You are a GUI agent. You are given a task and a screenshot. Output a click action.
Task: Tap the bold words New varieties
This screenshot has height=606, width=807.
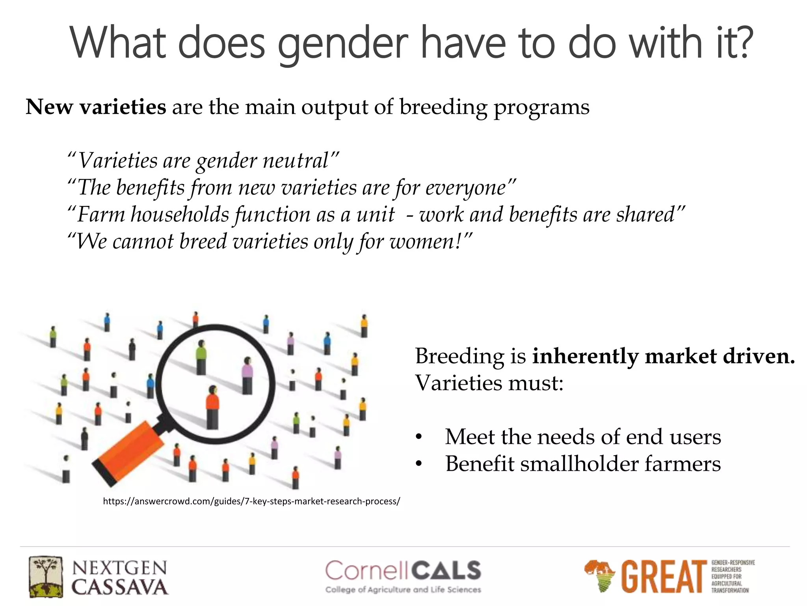[x=96, y=107]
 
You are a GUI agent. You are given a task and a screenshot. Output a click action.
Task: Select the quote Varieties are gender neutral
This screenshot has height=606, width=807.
[x=203, y=161]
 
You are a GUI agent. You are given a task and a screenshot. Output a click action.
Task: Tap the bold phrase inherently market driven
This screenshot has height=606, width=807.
[x=663, y=356]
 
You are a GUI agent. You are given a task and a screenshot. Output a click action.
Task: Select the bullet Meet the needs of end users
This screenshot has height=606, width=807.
[x=582, y=437]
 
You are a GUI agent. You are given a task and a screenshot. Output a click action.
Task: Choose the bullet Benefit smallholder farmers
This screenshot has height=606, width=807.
[x=582, y=464]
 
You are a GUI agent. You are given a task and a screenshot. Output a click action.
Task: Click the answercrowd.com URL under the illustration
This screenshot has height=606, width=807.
[x=251, y=501]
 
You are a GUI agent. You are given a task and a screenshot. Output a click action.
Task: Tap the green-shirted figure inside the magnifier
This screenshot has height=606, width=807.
[x=201, y=357]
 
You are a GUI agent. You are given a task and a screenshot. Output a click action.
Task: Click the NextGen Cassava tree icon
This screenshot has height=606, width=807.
[x=46, y=576]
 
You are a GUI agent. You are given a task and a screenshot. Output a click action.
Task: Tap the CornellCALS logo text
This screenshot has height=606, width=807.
[x=403, y=571]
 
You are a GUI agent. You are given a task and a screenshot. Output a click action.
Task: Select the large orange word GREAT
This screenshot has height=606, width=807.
[x=664, y=576]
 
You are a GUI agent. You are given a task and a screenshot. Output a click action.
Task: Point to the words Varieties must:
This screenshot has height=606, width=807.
[x=489, y=383]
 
